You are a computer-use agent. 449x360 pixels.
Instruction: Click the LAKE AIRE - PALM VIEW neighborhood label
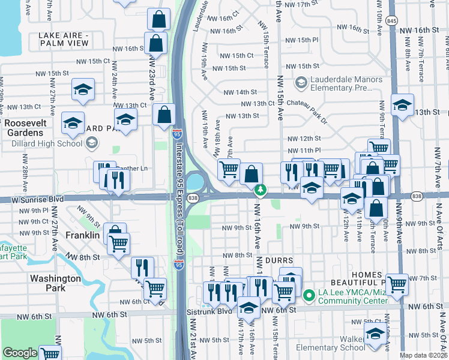click(64, 40)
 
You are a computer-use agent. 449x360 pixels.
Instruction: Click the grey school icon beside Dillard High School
click(92, 143)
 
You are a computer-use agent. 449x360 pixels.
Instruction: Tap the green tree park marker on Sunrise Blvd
click(260, 191)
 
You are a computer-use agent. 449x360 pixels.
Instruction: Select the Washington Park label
click(55, 283)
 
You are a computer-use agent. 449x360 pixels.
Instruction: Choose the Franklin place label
click(82, 235)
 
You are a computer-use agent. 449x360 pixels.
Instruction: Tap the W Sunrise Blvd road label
click(32, 199)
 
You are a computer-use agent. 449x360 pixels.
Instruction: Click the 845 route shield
click(391, 20)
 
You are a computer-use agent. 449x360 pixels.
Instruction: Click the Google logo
click(20, 353)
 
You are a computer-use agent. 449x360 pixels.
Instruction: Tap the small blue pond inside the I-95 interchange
click(195, 180)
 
